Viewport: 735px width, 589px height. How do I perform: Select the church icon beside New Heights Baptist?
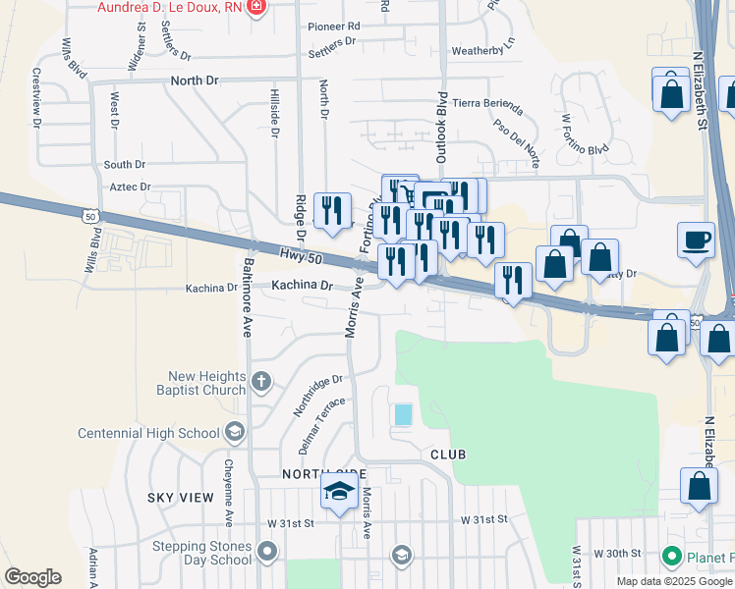tap(261, 381)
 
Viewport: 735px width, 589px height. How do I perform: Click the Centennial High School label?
tap(162, 433)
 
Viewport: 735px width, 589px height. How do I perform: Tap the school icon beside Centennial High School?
tap(234, 431)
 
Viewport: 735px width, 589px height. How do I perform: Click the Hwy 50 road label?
tap(301, 255)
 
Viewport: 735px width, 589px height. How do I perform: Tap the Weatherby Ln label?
tap(482, 51)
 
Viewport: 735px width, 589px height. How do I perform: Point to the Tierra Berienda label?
tap(487, 105)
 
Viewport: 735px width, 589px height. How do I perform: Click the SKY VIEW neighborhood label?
tap(181, 498)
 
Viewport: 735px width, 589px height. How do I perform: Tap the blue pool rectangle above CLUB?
tap(403, 415)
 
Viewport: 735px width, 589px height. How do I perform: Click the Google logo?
tap(32, 577)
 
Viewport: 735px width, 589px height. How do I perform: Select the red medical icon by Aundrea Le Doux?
tap(257, 7)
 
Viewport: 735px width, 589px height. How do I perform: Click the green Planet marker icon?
tap(672, 558)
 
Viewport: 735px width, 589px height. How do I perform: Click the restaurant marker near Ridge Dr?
tap(332, 210)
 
